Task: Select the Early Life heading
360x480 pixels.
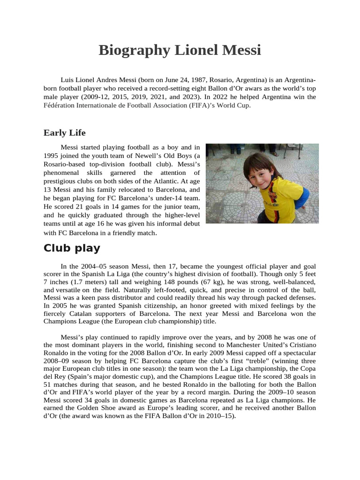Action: [65, 133]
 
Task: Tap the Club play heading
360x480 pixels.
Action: [72, 248]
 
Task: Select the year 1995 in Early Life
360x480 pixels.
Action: [52, 156]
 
